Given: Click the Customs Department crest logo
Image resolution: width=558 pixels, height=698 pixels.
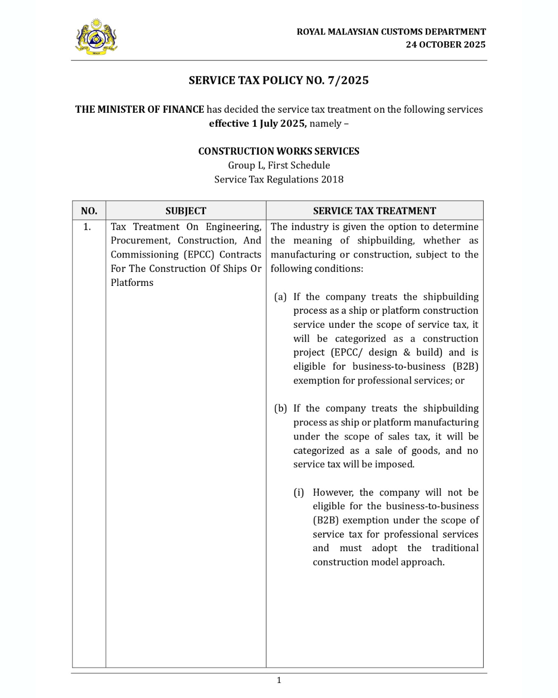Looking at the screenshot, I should point(96,37).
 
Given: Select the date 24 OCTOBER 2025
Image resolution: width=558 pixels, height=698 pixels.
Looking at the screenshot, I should point(445,44).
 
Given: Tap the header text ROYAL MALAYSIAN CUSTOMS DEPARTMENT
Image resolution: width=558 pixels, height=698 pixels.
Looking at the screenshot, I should point(391,32).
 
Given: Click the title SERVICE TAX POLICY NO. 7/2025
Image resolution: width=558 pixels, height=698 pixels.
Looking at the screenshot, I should point(278,80).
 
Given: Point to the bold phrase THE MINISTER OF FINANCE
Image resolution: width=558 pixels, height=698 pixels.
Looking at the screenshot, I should point(139,109).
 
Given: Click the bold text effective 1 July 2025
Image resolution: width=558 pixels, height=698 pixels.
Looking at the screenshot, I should point(257,124).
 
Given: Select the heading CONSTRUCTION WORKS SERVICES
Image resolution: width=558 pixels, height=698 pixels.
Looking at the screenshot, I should point(278,151).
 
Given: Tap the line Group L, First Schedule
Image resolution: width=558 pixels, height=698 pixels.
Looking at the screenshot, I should point(278,165).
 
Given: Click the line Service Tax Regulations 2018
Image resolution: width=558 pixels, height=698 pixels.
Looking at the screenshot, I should point(278,179).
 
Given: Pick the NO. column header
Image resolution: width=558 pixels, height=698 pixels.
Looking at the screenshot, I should point(89,211).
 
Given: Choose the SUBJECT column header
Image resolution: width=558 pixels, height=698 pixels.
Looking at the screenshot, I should point(185,211).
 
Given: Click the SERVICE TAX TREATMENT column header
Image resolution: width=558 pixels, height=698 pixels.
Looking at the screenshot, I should point(375,211).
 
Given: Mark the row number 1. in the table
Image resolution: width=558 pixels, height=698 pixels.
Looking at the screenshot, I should point(87,227).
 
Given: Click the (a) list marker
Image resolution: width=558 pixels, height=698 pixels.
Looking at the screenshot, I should point(280,297).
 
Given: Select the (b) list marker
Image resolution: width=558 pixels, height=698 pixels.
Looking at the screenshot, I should point(280,408).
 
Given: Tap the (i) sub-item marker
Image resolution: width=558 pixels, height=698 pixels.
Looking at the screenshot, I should point(299,492).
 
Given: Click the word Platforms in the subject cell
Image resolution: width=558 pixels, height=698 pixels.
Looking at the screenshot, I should point(132,283).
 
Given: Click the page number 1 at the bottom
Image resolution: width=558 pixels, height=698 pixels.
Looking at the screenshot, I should point(279,680).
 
